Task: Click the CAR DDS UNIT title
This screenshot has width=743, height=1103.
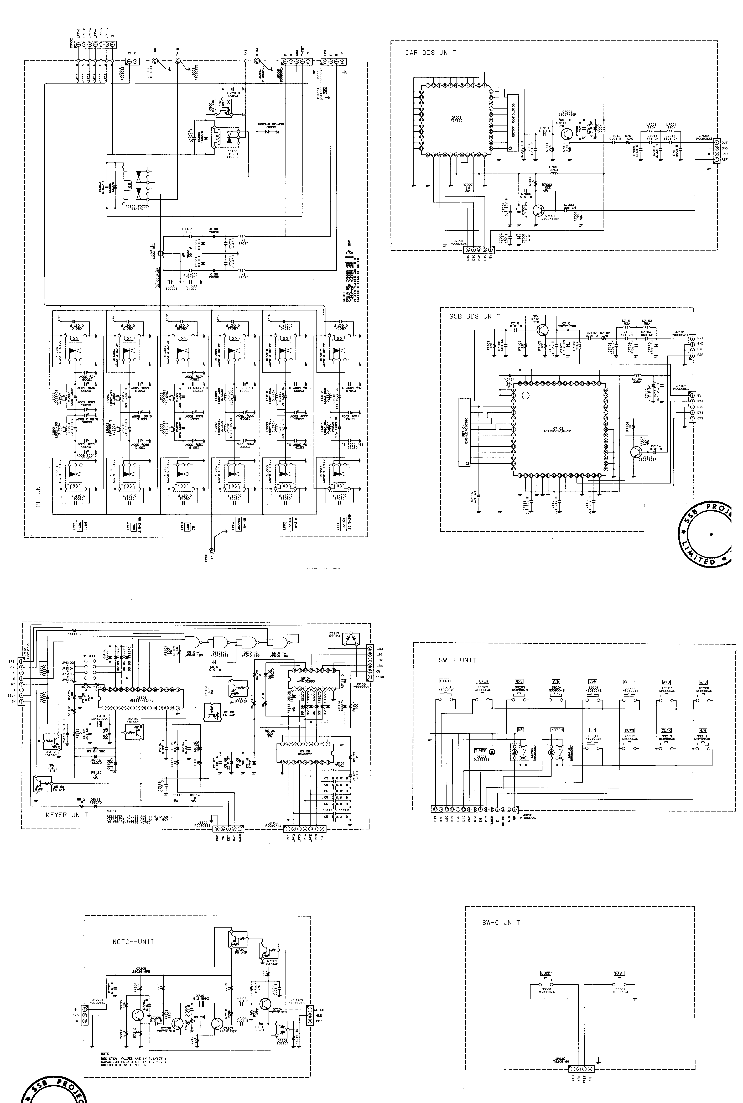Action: click(x=430, y=53)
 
